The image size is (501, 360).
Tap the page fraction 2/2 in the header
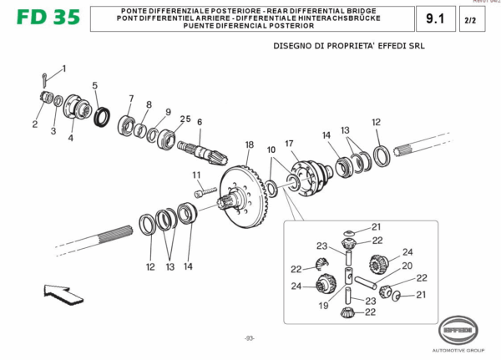470,18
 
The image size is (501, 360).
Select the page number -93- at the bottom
249,338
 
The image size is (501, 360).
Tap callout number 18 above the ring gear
249,145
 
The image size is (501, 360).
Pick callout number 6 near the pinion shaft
200,122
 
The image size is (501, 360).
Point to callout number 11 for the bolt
197,175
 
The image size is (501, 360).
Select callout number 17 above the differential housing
290,143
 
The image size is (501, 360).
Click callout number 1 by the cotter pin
63,68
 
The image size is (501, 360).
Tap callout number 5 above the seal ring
94,85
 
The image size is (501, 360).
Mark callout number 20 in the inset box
407,266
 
